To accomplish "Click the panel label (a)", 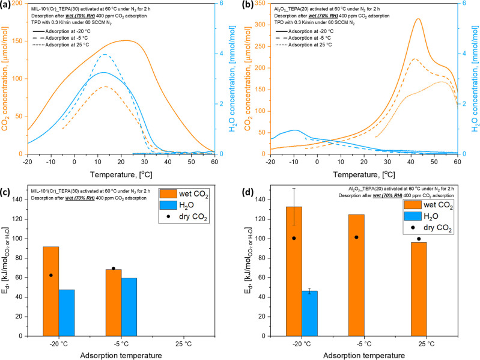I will click(x=8, y=5).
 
